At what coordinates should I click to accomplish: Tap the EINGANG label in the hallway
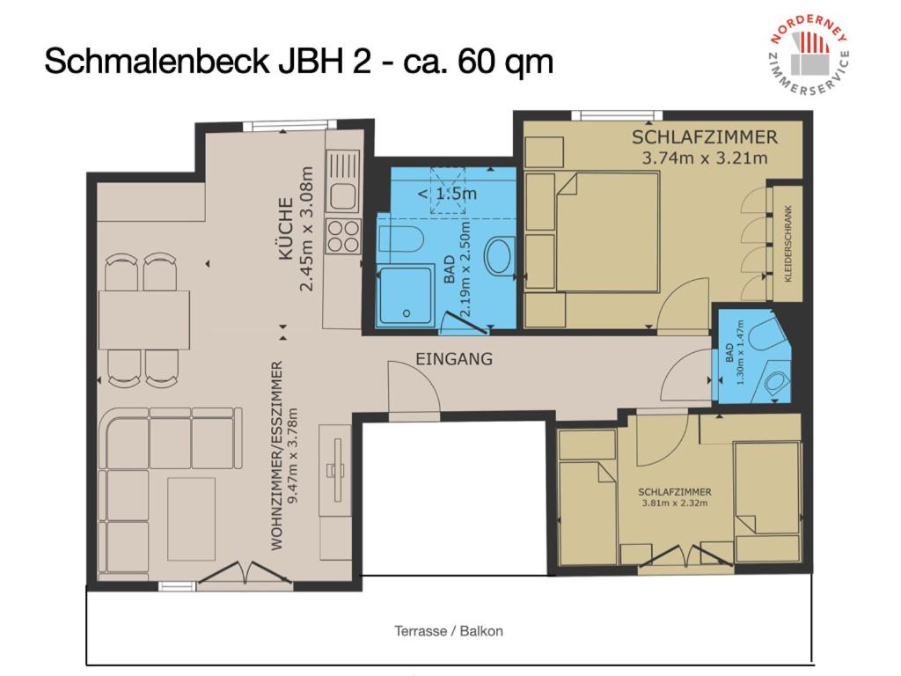[454, 359]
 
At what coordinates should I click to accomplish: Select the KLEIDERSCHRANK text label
[787, 244]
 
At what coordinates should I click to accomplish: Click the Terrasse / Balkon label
[448, 631]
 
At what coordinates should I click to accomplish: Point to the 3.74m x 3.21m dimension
[705, 158]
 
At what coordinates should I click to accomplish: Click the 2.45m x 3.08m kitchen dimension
[307, 229]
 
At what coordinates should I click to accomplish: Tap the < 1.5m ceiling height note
[447, 194]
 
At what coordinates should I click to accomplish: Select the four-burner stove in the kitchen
[343, 236]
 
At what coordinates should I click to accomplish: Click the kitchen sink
[342, 181]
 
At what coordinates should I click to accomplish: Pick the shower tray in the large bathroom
[405, 296]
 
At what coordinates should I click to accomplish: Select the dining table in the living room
[144, 320]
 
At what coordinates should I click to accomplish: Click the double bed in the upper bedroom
[607, 231]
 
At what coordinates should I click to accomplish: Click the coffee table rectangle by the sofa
[191, 519]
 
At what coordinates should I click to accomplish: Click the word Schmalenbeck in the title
[157, 61]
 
